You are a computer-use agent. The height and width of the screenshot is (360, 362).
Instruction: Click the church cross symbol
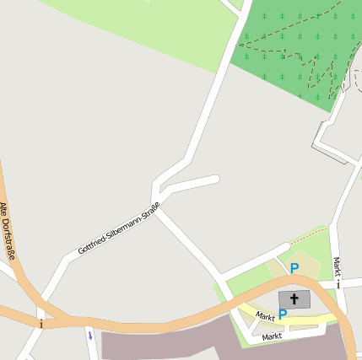[294, 298]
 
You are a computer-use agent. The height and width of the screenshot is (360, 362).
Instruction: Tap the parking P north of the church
[294, 268]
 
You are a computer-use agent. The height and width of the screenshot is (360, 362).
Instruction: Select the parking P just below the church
[283, 314]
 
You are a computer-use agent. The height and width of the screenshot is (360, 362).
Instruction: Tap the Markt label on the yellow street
[265, 316]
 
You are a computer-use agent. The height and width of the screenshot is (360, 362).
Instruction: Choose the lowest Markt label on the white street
[272, 336]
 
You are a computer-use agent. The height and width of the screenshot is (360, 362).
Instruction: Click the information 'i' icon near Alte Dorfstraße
[40, 322]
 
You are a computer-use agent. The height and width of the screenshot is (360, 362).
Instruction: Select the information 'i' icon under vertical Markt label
[338, 284]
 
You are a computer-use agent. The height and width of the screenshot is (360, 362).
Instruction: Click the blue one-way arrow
[89, 336]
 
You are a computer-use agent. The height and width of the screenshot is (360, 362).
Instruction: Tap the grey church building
[294, 299]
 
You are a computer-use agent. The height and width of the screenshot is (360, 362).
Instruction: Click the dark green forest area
[287, 51]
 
